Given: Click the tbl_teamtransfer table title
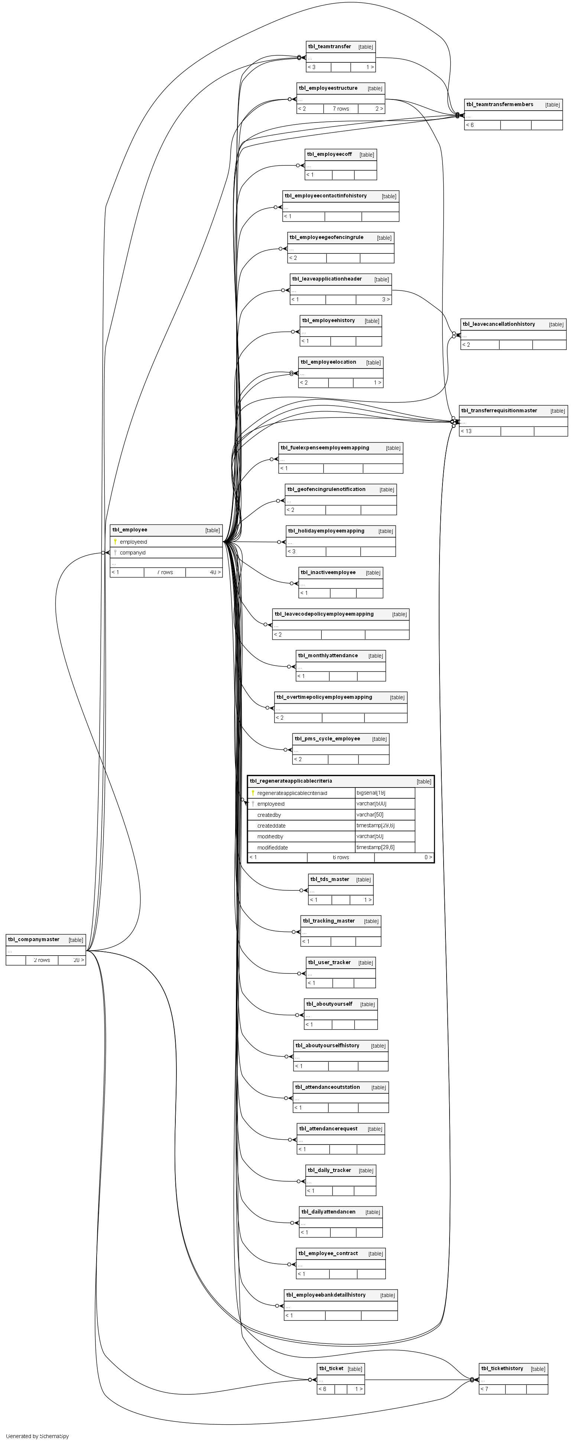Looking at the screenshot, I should tap(330, 46).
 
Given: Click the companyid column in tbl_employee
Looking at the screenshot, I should tap(132, 553).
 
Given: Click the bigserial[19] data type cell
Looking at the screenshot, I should tap(371, 793).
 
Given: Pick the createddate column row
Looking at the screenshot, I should tap(272, 826).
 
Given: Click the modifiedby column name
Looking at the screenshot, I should tap(270, 836).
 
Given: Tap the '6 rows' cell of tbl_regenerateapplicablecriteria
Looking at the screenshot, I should tap(341, 858).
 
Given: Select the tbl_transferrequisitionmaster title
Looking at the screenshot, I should tap(499, 411).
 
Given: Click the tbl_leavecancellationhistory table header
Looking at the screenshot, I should tap(498, 324).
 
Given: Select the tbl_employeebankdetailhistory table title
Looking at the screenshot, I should tap(325, 1295).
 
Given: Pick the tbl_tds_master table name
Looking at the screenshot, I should tap(330, 879).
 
